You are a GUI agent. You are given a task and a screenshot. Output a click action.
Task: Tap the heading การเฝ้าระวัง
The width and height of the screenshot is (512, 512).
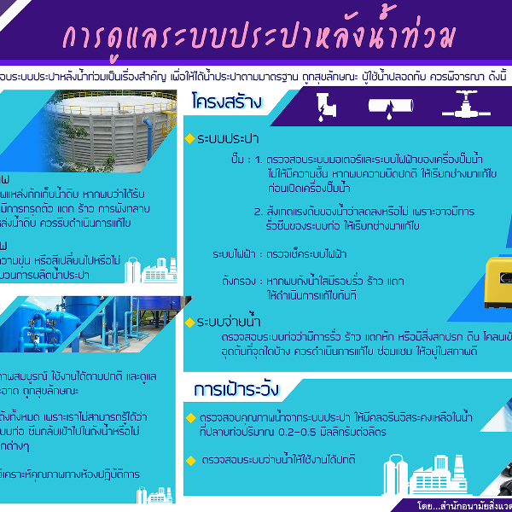(237, 390)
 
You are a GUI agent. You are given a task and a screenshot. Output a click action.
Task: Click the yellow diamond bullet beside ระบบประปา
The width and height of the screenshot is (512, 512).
(189, 138)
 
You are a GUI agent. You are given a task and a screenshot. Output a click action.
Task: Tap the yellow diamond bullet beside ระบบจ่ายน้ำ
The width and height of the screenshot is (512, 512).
(189, 322)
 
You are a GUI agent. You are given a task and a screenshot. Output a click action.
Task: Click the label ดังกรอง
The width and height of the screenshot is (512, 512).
(238, 279)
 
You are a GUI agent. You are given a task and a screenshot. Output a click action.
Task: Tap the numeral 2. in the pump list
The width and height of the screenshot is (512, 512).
(258, 212)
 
